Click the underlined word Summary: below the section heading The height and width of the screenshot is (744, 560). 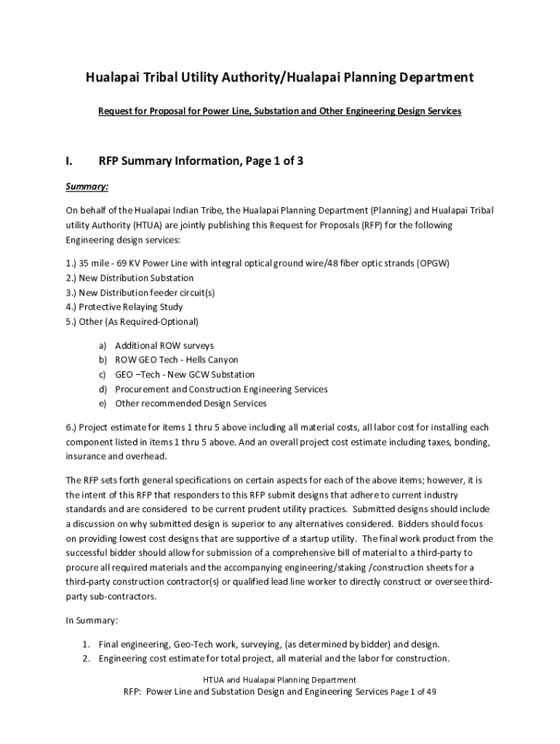point(87,187)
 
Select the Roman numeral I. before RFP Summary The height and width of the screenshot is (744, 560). point(70,161)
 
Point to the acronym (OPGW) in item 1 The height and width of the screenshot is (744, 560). point(433,263)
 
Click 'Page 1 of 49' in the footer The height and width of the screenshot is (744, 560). point(413,692)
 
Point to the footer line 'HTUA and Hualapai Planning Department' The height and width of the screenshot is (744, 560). point(279,679)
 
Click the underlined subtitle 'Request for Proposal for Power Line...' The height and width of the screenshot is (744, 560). point(280,112)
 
